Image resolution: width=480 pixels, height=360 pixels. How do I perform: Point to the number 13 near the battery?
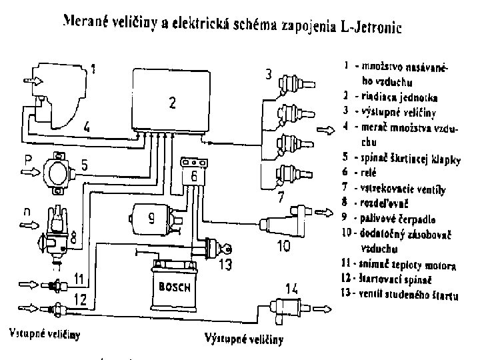coord(226,265)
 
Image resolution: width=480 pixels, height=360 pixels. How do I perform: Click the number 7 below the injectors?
coord(282,197)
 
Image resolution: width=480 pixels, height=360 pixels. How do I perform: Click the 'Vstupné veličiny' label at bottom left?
coord(45,331)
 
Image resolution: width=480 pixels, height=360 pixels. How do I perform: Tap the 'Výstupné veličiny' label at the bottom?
coord(244,339)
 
